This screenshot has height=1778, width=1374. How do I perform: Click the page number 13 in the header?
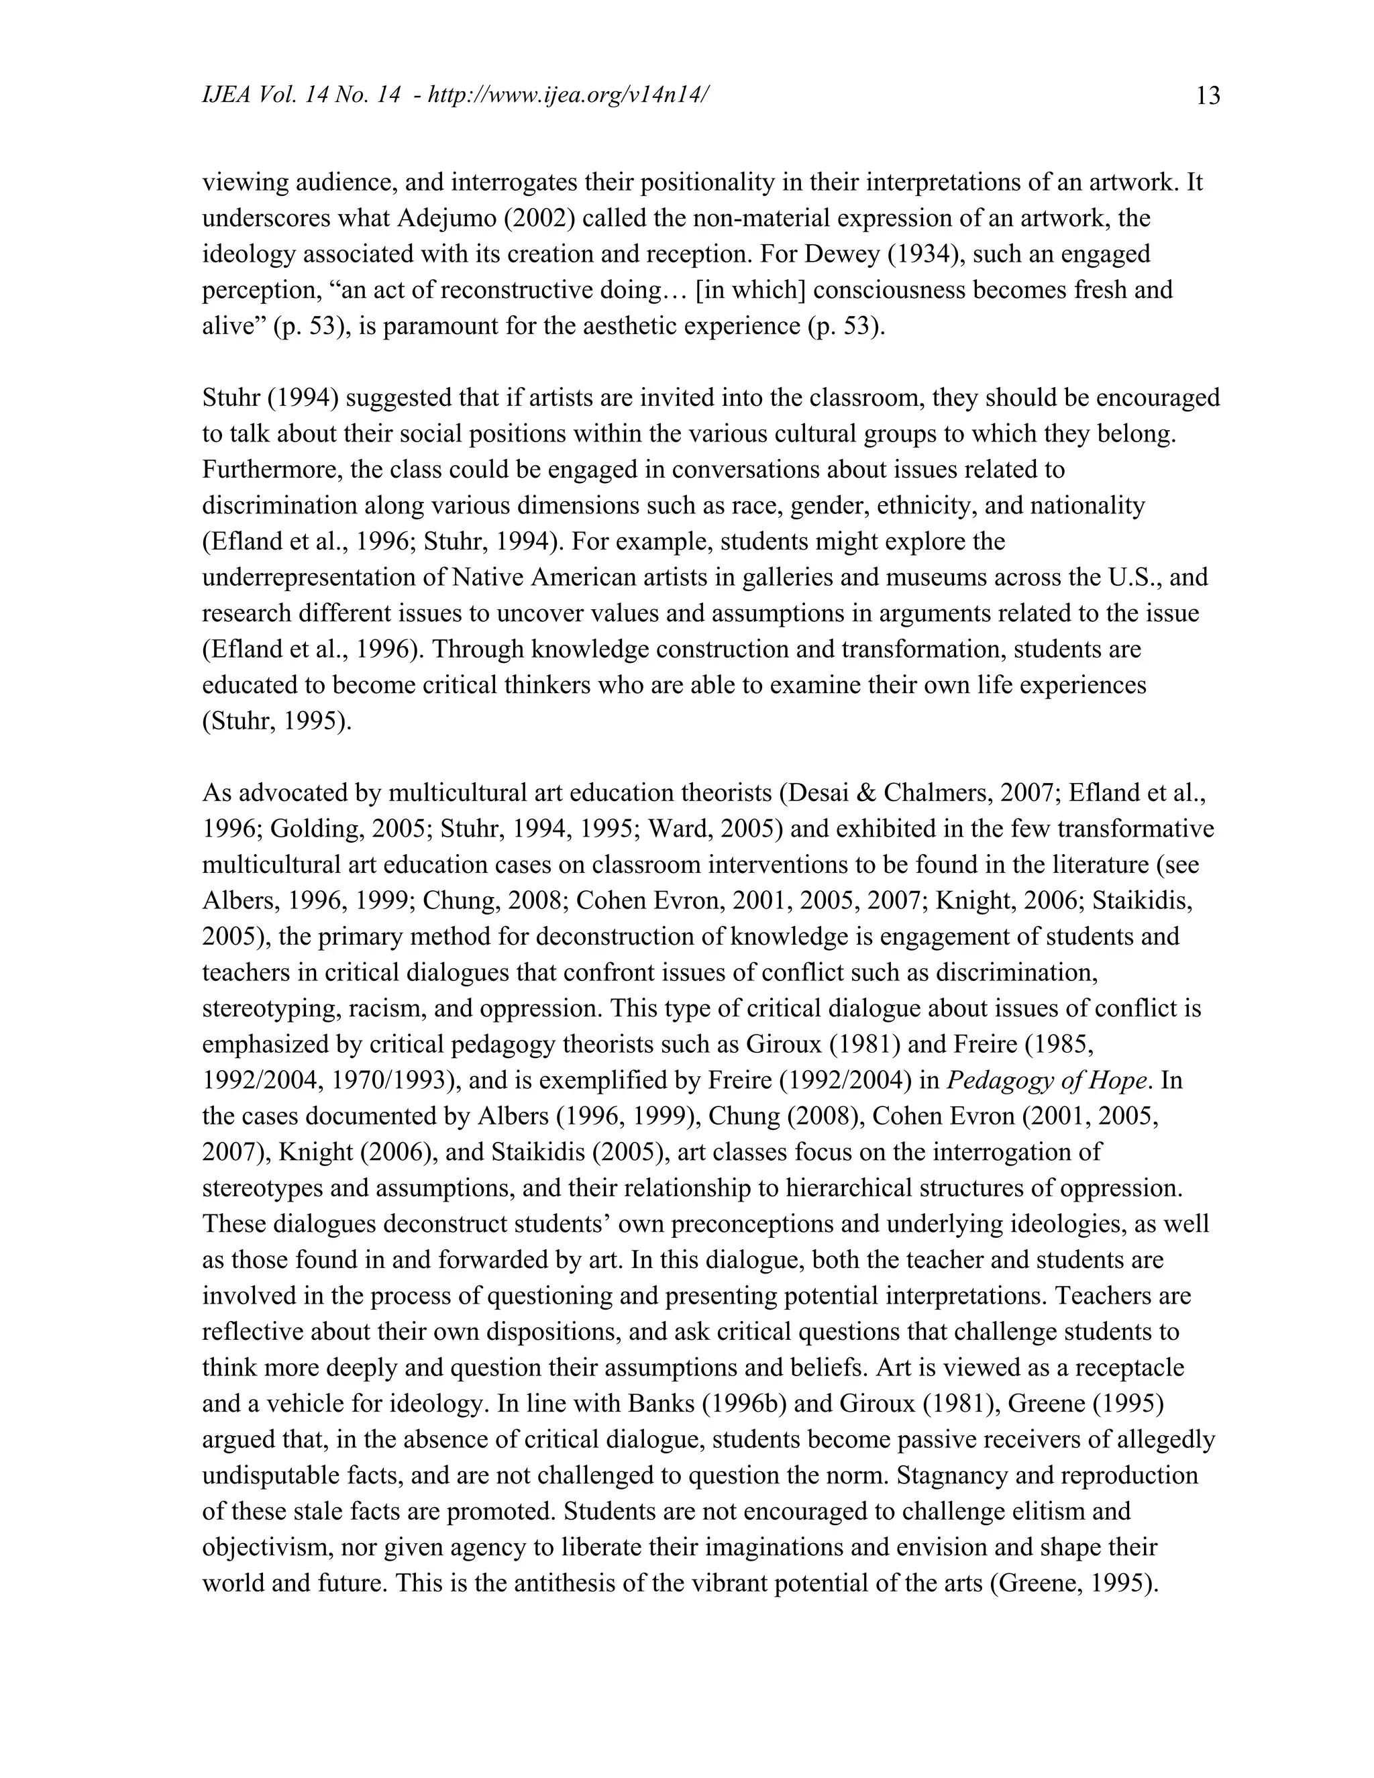[x=1208, y=96]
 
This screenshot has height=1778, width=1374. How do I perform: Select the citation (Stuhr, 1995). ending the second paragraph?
[x=277, y=721]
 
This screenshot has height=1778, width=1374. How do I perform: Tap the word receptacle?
[x=1130, y=1367]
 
